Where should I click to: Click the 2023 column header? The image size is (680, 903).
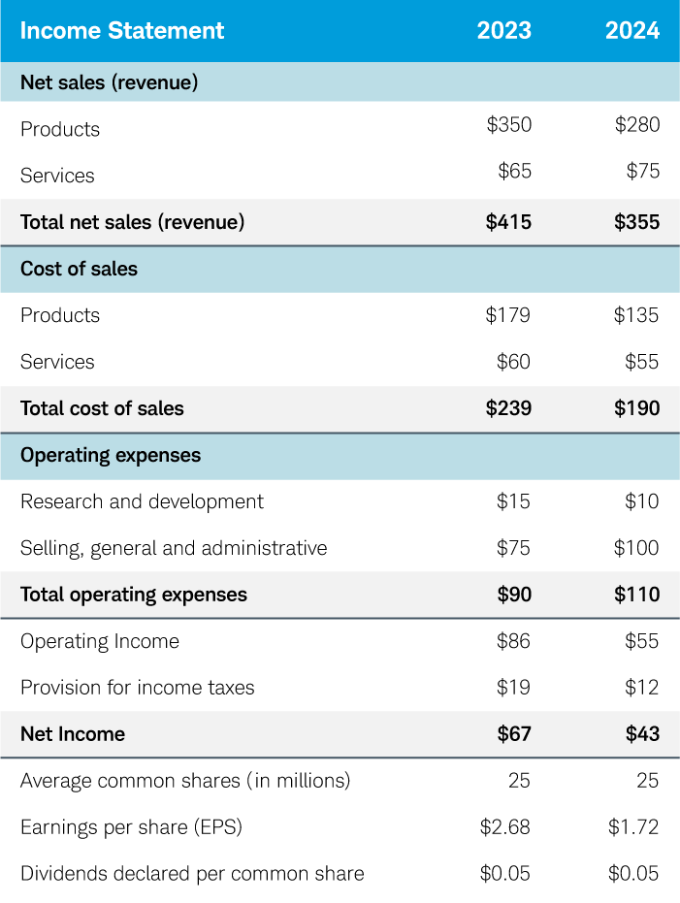(503, 30)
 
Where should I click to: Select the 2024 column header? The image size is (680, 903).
(632, 30)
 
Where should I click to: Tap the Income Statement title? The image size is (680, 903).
(122, 30)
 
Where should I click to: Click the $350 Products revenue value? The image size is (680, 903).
(508, 125)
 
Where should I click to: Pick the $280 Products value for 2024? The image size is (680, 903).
(636, 125)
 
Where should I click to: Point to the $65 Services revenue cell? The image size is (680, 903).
(514, 172)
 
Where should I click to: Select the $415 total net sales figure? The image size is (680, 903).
(508, 222)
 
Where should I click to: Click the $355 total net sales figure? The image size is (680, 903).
(636, 222)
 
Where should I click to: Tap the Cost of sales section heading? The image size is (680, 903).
(79, 269)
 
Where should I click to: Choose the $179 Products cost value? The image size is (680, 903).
(508, 315)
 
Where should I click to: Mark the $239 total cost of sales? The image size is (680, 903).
(508, 408)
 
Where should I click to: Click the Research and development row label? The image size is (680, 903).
(142, 501)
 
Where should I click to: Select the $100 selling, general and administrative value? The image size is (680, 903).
(636, 548)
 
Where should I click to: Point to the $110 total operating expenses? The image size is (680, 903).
(636, 595)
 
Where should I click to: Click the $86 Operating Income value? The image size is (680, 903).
(514, 641)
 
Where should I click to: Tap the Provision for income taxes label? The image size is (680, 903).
(137, 688)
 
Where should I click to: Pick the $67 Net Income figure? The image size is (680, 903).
(514, 734)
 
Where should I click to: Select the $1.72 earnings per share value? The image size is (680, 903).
(633, 827)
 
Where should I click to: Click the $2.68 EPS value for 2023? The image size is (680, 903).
(505, 827)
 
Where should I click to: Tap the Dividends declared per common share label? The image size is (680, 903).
(192, 874)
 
